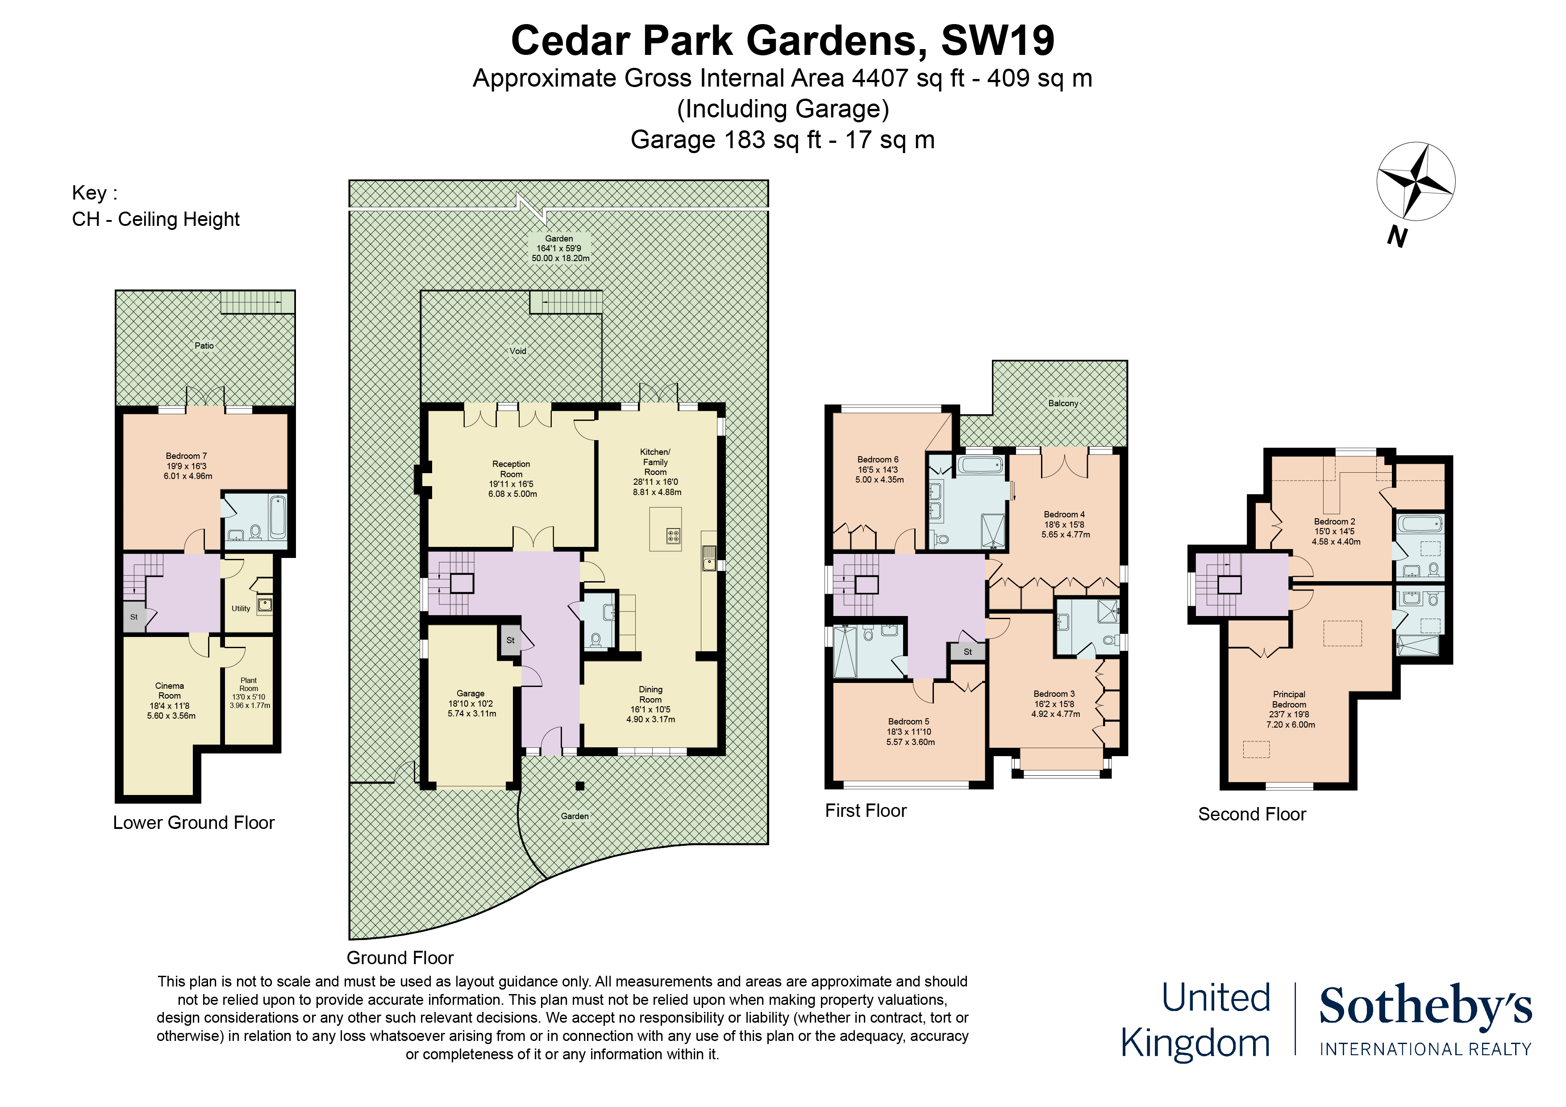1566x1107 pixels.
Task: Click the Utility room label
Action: pos(241,608)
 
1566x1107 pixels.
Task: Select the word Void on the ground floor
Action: pos(518,351)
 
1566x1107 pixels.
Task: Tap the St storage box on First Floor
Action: pos(967,652)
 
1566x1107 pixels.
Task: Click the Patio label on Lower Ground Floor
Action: pos(204,346)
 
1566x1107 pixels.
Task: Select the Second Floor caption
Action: pos(1252,814)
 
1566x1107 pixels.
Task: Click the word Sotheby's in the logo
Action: pos(1425,1007)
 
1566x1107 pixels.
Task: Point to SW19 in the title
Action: pos(997,41)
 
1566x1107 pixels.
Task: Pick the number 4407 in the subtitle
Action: pos(880,79)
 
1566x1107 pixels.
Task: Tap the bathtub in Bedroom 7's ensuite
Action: pos(278,516)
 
